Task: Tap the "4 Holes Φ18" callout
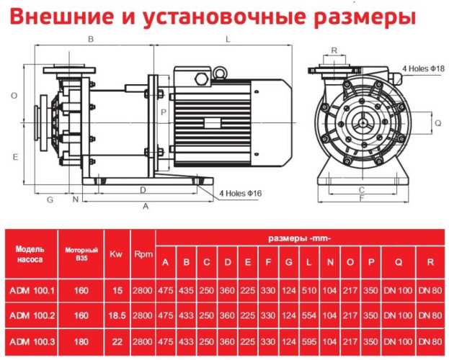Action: [423, 68]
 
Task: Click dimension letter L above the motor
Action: [227, 39]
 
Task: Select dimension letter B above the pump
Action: [91, 39]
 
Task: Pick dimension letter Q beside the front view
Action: [437, 123]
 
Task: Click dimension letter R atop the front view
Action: [334, 50]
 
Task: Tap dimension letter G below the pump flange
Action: [50, 199]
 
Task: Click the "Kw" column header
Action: [116, 254]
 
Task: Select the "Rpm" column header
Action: [143, 254]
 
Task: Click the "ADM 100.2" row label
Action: [32, 315]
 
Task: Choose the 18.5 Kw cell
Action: [116, 315]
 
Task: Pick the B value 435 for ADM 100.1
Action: [186, 291]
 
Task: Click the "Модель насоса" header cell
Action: [30, 253]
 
